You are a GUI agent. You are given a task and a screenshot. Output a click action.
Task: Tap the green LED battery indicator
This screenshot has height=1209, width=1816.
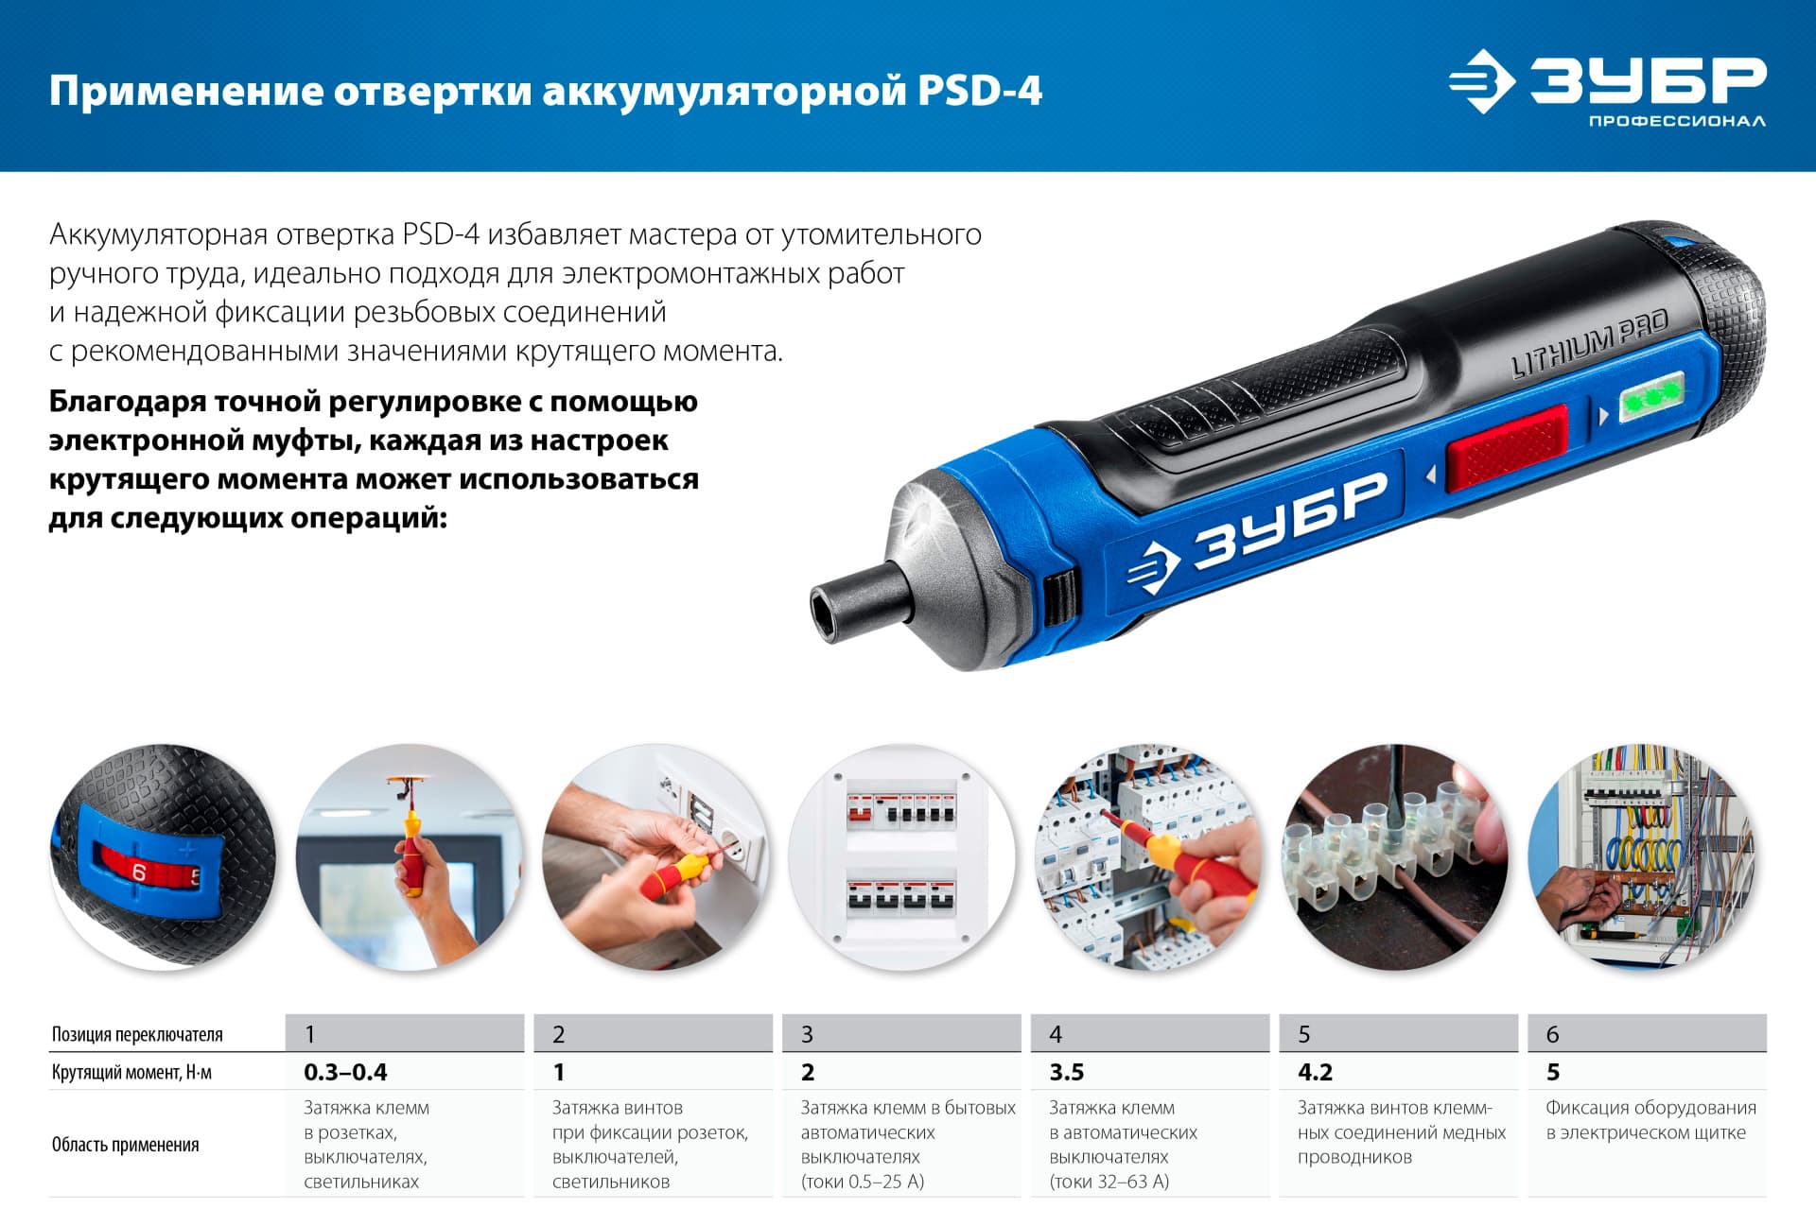coord(1651,397)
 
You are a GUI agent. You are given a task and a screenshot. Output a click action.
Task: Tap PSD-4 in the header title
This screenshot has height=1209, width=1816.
coord(979,92)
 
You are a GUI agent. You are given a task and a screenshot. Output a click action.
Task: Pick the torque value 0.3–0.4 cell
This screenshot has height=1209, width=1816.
coord(345,1072)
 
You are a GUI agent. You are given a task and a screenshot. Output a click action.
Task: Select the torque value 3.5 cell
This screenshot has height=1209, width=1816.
coord(1066,1072)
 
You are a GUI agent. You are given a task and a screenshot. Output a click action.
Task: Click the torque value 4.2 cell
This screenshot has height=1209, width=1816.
coord(1315,1072)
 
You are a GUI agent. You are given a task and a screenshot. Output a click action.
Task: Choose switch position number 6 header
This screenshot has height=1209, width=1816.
coord(1552,1034)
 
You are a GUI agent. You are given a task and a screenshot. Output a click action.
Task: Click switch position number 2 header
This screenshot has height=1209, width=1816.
coord(559,1034)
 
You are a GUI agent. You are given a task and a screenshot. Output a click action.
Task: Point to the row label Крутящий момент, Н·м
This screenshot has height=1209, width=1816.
coord(131,1073)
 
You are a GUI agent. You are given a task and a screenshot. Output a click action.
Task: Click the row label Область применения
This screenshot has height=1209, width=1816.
coord(125,1145)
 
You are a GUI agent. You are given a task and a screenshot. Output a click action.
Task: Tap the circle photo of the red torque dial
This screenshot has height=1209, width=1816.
coord(163,855)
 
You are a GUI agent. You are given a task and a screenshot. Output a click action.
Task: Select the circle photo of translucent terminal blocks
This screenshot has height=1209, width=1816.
coord(1395,855)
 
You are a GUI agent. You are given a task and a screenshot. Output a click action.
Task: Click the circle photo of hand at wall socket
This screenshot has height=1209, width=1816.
coord(655,855)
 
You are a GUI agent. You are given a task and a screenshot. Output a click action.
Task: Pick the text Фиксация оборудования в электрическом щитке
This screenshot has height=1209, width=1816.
coord(1650,1120)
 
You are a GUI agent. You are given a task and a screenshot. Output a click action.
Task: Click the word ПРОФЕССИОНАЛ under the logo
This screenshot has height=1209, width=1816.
coord(1676,121)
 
